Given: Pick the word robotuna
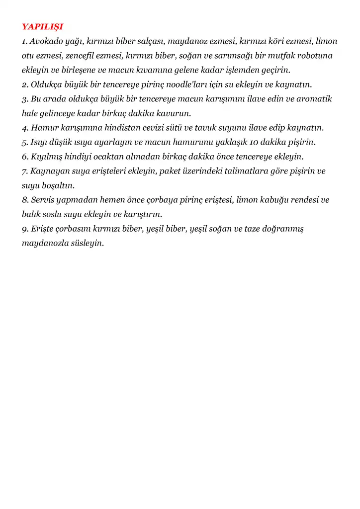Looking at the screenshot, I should (315, 55).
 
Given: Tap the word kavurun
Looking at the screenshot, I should (174, 113).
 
